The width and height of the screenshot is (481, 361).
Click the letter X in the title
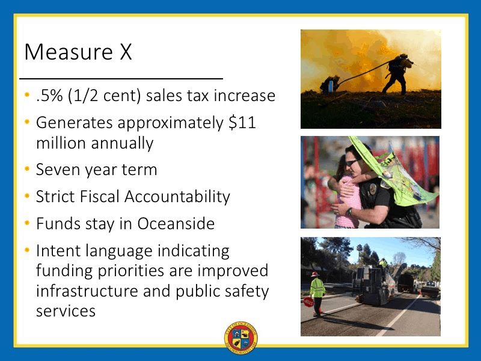(x=126, y=52)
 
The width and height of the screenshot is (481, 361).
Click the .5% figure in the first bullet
(x=49, y=96)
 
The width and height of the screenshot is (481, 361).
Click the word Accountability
(x=177, y=197)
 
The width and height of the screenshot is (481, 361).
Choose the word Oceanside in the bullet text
(x=176, y=223)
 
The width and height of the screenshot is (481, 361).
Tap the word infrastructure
(x=87, y=291)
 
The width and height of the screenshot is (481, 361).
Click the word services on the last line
(x=66, y=311)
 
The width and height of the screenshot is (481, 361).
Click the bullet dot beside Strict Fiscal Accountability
(x=27, y=196)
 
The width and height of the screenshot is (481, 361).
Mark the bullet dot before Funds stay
(x=27, y=223)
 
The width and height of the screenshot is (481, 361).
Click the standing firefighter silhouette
(x=397, y=73)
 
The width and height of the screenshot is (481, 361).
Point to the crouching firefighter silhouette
(x=329, y=84)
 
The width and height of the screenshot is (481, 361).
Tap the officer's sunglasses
(x=353, y=162)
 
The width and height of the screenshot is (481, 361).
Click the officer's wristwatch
(x=349, y=212)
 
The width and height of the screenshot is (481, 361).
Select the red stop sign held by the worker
(x=308, y=302)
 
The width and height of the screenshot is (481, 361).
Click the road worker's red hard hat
(x=314, y=274)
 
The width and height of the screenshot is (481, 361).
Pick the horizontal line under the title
(x=121, y=79)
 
